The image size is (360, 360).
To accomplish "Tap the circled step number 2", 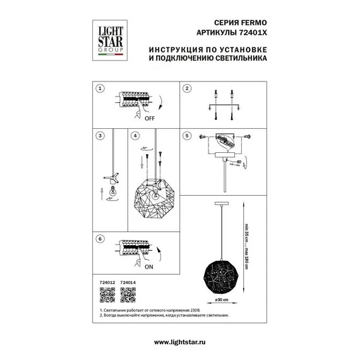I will pos(187,89).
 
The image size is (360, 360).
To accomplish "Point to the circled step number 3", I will pos(100,135).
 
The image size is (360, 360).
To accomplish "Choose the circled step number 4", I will pos(135,135).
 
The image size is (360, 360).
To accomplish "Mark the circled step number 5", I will pos(187,135).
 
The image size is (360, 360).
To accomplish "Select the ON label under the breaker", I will pos(149,268).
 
